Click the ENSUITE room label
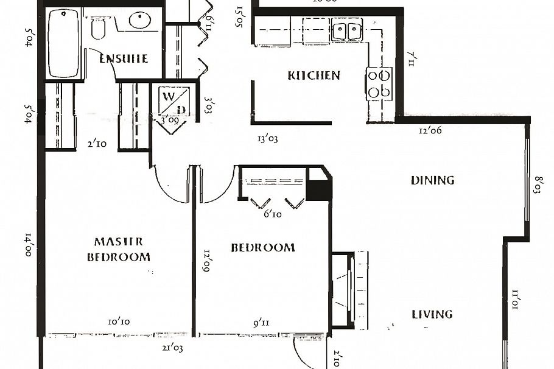coord(124,59)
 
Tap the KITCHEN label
coord(314,76)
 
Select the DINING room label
coord(432,180)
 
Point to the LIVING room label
coord(432,314)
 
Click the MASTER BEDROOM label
coord(118,249)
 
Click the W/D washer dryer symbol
coord(174,101)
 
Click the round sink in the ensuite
coord(139,19)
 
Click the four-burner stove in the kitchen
coord(379,84)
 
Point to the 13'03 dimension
coord(268,139)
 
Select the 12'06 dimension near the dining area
coord(430,130)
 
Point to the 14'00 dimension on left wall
coord(28,245)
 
